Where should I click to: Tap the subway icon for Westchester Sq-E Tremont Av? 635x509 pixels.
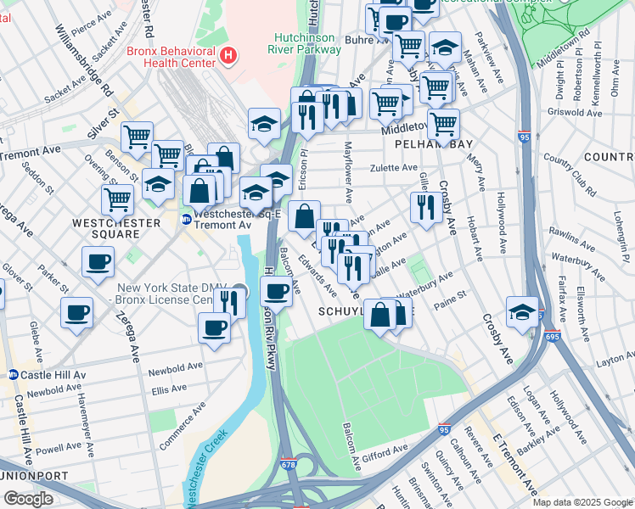(x=186, y=219)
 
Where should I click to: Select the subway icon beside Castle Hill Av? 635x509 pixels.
(x=13, y=374)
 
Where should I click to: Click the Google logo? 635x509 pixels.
(x=28, y=498)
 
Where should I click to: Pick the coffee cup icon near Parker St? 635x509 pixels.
(x=98, y=261)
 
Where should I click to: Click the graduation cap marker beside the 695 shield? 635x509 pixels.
(x=522, y=310)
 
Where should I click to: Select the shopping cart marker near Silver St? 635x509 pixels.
(x=137, y=136)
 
